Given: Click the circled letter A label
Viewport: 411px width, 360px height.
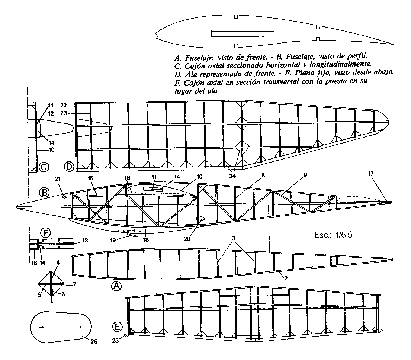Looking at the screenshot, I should tap(116, 286).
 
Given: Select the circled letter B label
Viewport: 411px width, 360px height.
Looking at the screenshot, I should tap(44, 193).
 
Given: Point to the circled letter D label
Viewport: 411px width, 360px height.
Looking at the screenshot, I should tap(69, 167).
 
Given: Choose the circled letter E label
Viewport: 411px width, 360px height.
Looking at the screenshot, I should tap(117, 327).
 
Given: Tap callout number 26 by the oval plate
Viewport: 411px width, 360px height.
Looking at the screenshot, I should tap(94, 341).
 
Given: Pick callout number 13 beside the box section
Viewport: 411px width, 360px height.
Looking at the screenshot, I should tap(85, 241).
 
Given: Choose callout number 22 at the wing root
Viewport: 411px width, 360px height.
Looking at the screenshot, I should tap(63, 105).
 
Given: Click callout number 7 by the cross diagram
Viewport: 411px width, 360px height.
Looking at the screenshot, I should tap(74, 284).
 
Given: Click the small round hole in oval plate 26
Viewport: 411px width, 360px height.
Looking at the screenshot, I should tap(81, 327).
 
